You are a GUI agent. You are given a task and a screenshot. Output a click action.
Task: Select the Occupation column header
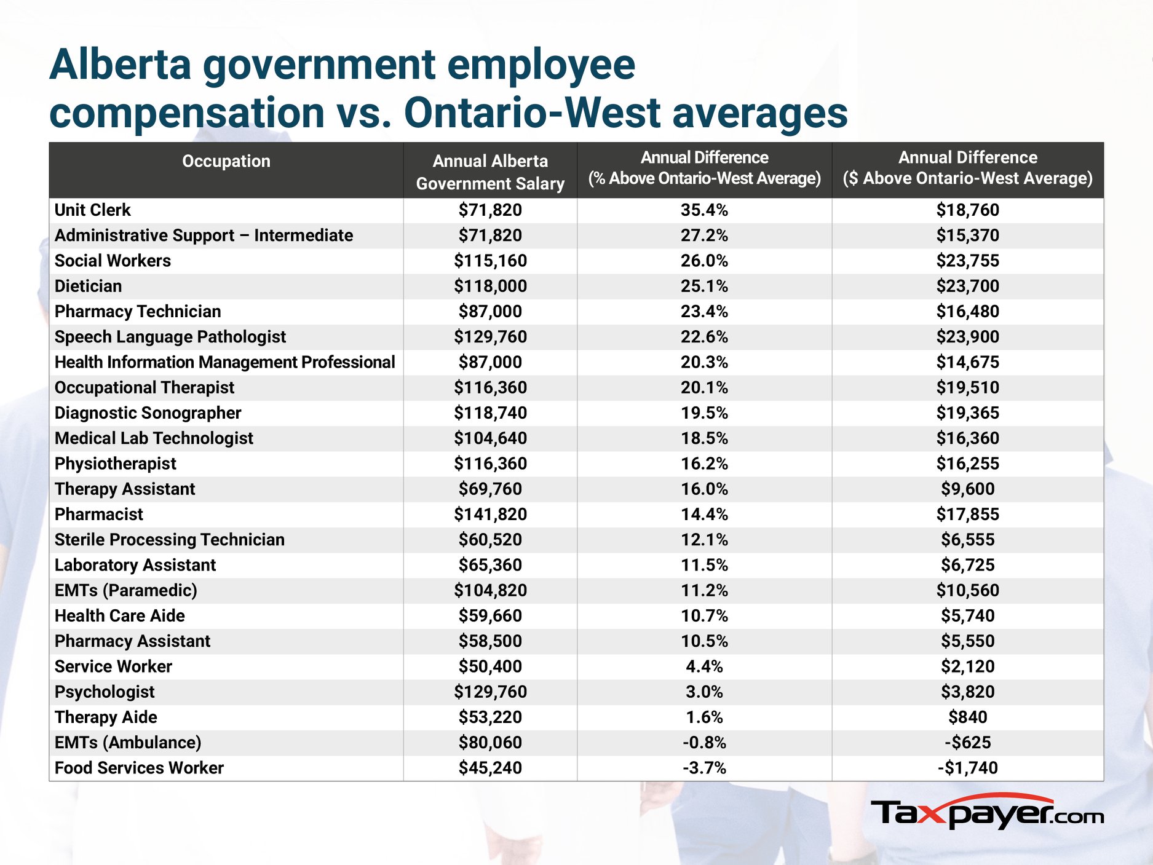point(226,161)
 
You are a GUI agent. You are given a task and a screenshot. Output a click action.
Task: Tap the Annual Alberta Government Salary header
point(490,172)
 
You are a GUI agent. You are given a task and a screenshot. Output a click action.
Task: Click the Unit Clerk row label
point(93,210)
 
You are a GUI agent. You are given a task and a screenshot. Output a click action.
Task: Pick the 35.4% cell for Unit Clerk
point(704,210)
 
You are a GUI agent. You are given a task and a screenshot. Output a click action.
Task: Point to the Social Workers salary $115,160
point(490,261)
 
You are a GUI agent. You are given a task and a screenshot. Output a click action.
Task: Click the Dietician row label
point(89,286)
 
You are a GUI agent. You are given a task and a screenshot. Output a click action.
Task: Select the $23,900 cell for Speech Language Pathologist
point(968,336)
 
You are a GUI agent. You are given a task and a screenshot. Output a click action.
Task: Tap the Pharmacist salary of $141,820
point(490,514)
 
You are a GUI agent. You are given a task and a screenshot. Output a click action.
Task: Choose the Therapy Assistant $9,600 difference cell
point(968,489)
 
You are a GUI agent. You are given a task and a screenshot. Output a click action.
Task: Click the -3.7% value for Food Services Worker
point(704,767)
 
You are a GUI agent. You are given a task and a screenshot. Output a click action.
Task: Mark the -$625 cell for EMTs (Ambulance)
point(968,742)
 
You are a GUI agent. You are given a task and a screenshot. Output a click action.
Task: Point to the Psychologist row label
point(105,692)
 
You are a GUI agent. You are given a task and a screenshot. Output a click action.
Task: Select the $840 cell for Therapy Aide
point(968,717)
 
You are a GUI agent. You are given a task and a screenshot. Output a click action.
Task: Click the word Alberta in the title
point(121,65)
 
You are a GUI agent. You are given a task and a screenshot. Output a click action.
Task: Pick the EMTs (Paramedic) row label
point(126,590)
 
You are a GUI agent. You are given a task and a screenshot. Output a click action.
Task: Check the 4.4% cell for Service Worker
point(704,666)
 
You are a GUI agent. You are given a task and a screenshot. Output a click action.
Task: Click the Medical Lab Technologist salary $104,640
point(490,438)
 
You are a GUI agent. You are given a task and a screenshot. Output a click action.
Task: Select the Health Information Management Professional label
point(225,362)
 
